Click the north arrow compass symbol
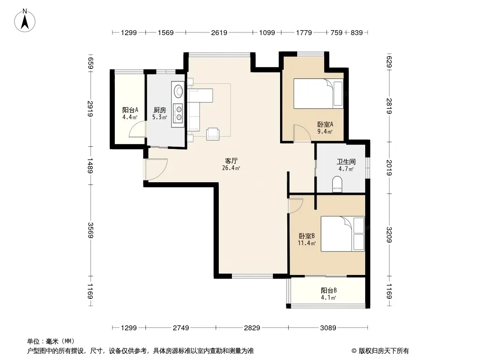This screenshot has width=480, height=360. (x=25, y=21)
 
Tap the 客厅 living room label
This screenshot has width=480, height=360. (x=231, y=161)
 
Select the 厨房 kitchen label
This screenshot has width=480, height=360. (x=159, y=110)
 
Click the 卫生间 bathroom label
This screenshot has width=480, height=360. (x=346, y=162)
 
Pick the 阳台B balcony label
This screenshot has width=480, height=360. (x=329, y=290)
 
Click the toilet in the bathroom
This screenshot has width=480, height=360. (x=337, y=184)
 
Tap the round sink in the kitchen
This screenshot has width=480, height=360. (x=178, y=90)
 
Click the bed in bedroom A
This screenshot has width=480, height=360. (x=318, y=94)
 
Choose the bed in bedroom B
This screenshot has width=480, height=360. (x=343, y=234)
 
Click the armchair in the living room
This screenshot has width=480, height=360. (x=213, y=134)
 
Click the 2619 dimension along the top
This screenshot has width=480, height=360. (x=219, y=32)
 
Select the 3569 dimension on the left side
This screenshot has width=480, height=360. (x=91, y=230)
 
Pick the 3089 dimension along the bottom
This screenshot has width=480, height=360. (x=328, y=328)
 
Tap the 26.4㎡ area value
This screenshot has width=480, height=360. (x=231, y=168)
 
